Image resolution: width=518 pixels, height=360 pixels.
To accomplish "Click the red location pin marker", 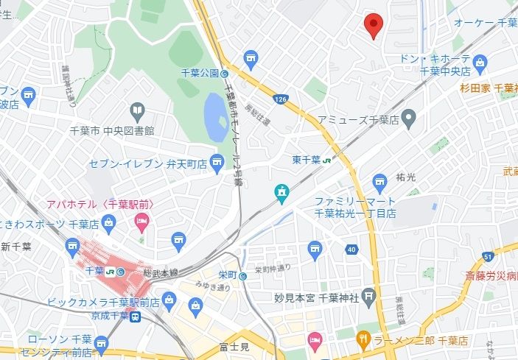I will point(374,25).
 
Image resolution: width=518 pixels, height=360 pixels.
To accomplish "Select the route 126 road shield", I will point(280,98).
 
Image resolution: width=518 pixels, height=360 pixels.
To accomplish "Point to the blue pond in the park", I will point(215,119).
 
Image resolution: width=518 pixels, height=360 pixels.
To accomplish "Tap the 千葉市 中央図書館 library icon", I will point(137,111).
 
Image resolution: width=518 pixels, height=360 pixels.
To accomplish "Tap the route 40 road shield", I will point(351,250).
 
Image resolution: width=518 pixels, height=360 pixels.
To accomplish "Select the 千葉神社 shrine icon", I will point(369,297).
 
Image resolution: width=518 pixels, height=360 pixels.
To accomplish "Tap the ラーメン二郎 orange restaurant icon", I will point(363,339).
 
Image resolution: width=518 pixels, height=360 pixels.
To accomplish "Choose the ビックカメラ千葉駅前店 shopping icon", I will point(169,299).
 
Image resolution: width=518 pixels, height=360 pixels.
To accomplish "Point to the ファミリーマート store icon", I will point(380,181).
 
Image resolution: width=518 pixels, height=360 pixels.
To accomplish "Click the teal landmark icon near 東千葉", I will point(281,193).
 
